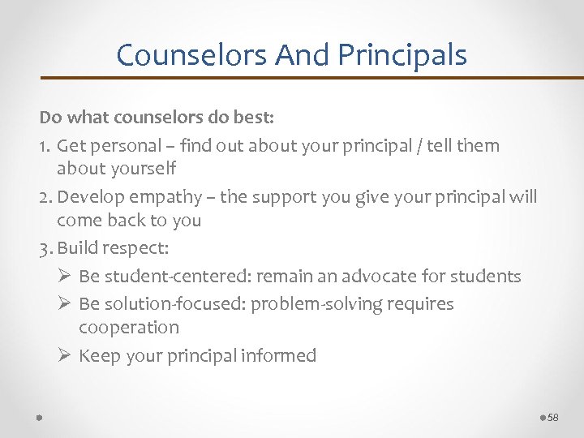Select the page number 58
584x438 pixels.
(x=554, y=417)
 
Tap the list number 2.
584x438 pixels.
(x=45, y=197)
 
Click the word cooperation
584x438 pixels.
(x=129, y=328)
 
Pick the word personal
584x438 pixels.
(x=124, y=146)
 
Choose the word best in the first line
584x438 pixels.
(x=254, y=118)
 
